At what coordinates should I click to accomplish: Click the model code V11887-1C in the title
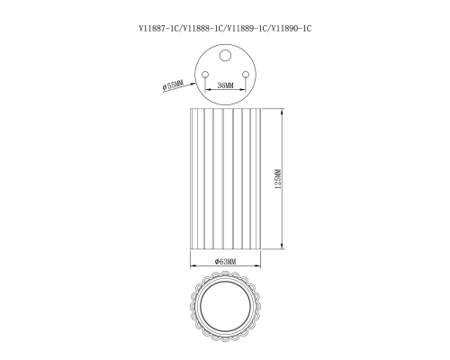click(x=158, y=29)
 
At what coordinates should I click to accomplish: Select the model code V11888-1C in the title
click(x=202, y=29)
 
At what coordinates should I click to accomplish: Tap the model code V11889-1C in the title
click(x=247, y=29)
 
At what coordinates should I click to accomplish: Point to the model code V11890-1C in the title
click(x=292, y=29)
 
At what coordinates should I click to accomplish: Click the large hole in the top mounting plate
click(x=225, y=56)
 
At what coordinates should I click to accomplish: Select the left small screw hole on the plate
click(x=205, y=75)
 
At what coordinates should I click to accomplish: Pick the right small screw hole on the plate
click(x=246, y=75)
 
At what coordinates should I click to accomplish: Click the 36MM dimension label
click(x=225, y=85)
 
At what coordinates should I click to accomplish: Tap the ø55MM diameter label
click(x=173, y=85)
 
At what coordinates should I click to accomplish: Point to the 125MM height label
click(x=278, y=179)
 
